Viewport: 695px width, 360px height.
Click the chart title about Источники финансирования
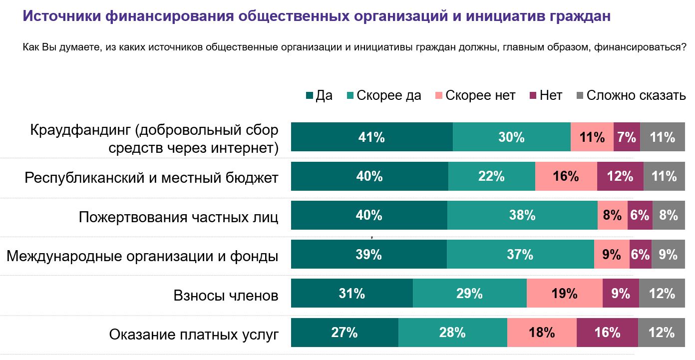[316, 16]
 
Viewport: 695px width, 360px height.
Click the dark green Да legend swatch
[310, 95]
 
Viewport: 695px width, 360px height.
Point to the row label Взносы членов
[226, 295]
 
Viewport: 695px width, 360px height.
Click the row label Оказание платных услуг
[194, 334]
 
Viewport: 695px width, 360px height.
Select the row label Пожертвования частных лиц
[178, 217]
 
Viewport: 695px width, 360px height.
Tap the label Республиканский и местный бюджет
[151, 178]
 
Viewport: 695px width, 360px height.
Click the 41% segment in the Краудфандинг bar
[371, 137]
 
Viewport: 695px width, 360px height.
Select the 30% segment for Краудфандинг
[511, 137]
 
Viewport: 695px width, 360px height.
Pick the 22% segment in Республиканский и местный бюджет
[491, 176]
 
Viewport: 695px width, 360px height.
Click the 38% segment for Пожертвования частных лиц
[522, 215]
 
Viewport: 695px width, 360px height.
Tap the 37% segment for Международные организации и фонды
[520, 255]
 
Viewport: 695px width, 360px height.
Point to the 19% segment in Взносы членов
[564, 294]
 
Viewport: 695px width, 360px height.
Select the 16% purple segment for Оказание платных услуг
[607, 333]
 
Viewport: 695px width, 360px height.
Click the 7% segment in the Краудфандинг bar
[626, 137]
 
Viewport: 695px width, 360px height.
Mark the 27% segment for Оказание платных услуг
[345, 333]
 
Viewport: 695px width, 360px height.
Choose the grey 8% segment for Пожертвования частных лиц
[669, 215]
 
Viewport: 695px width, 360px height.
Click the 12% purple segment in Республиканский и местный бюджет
[620, 176]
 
